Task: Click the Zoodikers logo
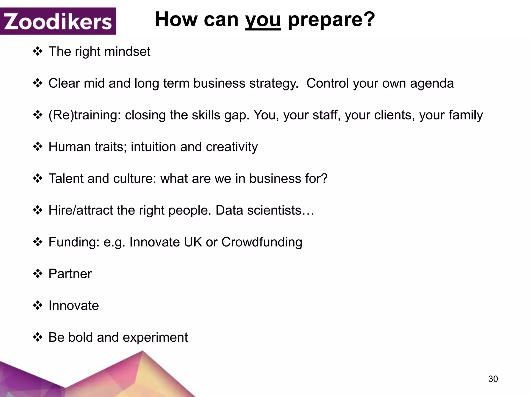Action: tap(58, 21)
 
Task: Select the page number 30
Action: tap(493, 379)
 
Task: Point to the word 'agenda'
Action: tap(432, 83)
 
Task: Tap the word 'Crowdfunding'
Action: tap(262, 242)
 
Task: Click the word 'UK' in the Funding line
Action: tap(193, 242)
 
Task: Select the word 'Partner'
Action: tap(70, 274)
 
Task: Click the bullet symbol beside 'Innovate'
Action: tap(38, 306)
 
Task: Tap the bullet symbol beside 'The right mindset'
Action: tap(38, 51)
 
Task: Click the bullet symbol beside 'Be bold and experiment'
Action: tap(38, 337)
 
